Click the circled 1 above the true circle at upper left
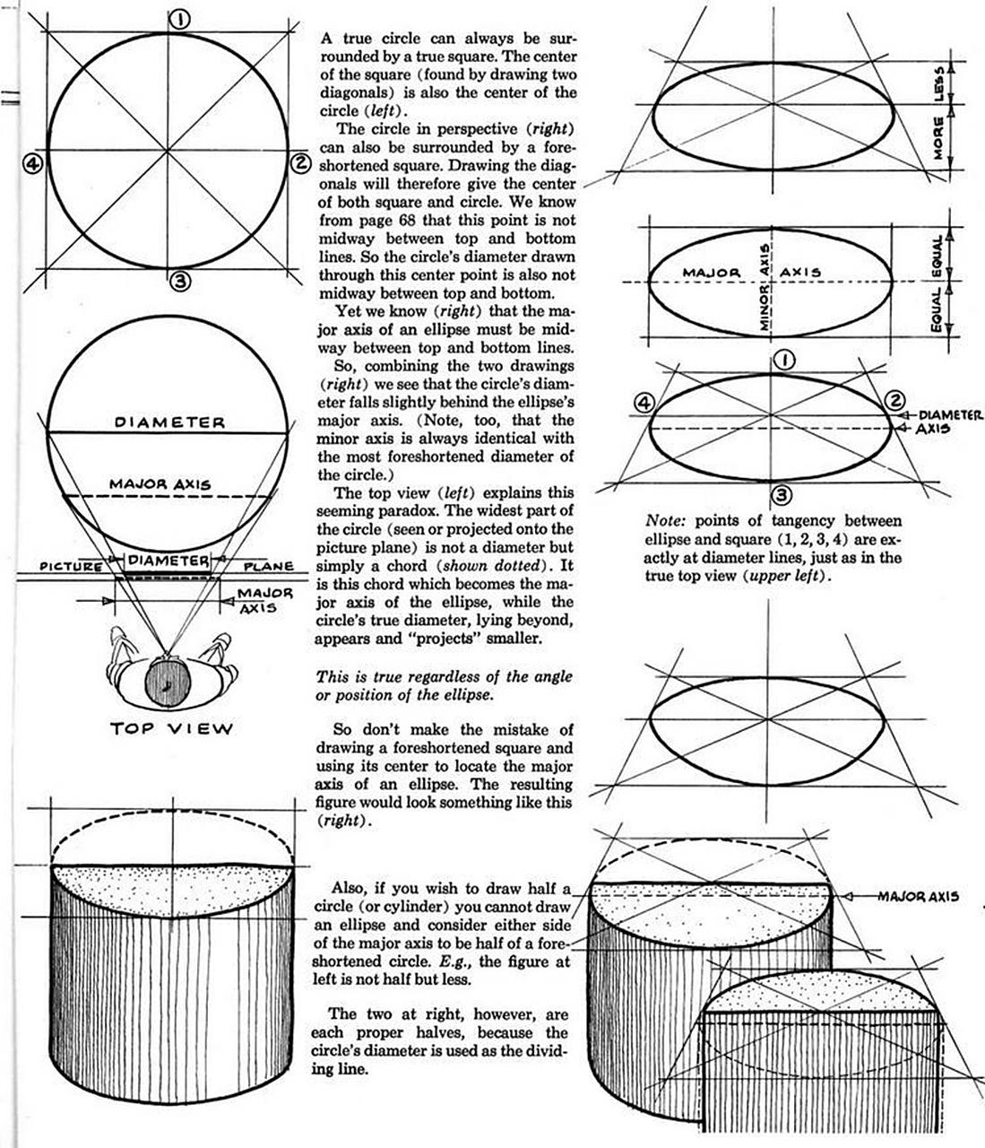pyautogui.click(x=178, y=19)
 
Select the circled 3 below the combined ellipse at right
pyautogui.click(x=781, y=492)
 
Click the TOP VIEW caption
pyautogui.click(x=171, y=727)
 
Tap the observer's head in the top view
pyautogui.click(x=167, y=679)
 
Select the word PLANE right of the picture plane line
pyautogui.click(x=269, y=567)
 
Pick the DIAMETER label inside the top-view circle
pyautogui.click(x=170, y=422)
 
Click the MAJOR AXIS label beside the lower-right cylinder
pyautogui.click(x=919, y=896)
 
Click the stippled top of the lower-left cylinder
pyautogui.click(x=170, y=887)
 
